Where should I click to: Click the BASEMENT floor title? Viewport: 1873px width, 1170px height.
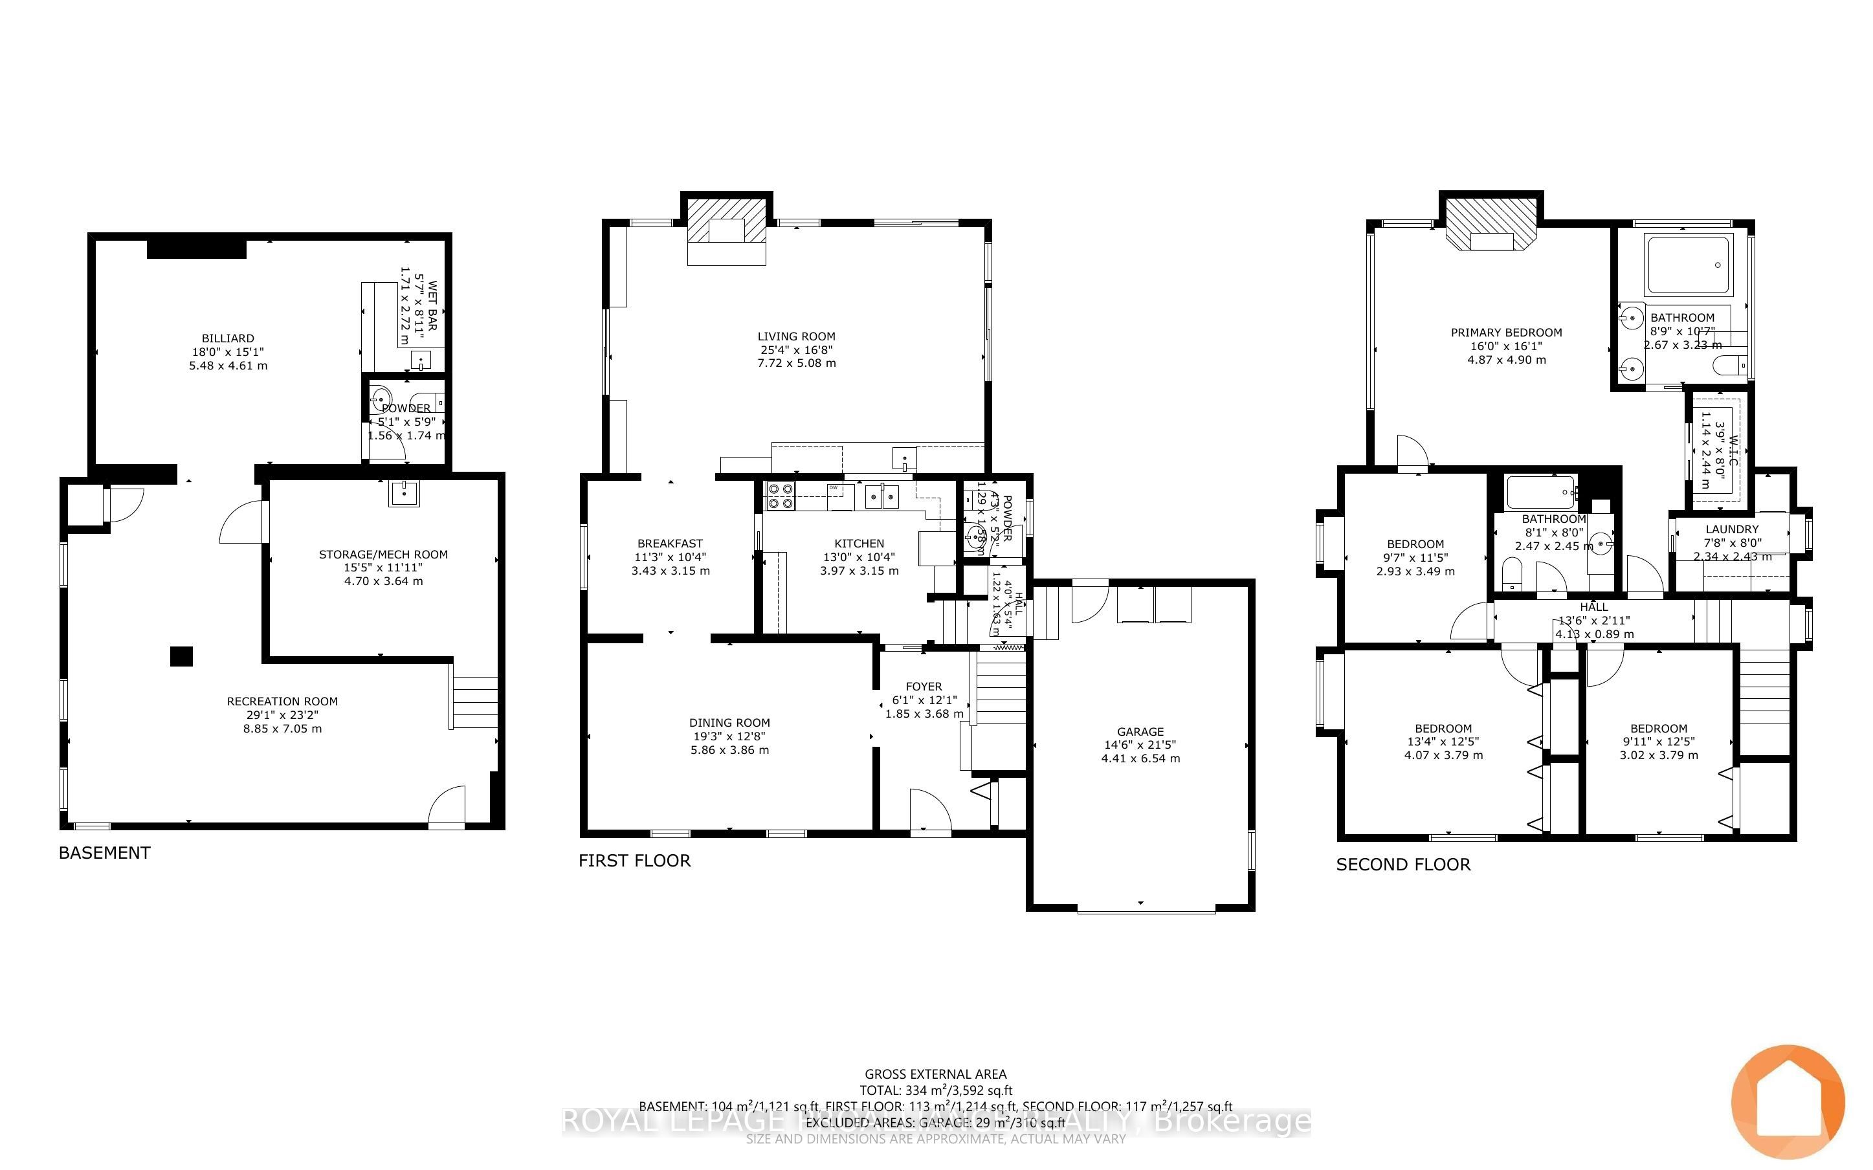tap(104, 853)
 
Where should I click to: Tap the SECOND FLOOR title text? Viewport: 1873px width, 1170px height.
tap(1402, 865)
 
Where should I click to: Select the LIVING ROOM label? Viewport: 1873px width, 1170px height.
tap(796, 337)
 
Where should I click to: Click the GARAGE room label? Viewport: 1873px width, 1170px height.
tap(1140, 731)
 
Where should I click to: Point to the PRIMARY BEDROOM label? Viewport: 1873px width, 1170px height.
tap(1505, 333)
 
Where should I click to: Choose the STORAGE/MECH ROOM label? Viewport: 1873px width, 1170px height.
tap(383, 554)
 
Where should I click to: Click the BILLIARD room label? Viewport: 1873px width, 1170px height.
tap(228, 338)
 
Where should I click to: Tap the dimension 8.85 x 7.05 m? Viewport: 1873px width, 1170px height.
tap(282, 728)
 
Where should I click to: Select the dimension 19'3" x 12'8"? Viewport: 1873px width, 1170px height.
tap(729, 736)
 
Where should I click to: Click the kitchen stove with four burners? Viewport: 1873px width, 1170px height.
tap(779, 495)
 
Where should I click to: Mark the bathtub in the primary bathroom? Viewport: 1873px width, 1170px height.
tap(1688, 265)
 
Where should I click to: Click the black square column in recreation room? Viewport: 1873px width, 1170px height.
tap(181, 656)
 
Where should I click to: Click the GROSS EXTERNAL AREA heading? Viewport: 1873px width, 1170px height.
tap(935, 1074)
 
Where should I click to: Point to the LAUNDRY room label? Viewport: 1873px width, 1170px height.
tap(1731, 529)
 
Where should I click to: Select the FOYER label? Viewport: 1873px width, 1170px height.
tap(924, 687)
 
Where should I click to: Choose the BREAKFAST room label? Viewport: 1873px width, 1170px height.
tap(670, 543)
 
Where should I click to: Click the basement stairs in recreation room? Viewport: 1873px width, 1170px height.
tap(474, 702)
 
